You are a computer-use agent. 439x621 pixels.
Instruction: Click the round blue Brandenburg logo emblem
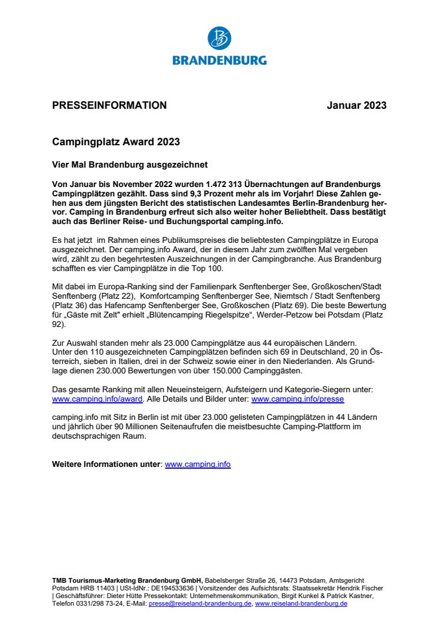(219, 38)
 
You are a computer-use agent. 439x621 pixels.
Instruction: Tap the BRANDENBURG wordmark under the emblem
(219, 60)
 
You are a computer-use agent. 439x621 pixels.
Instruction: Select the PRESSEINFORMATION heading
(109, 106)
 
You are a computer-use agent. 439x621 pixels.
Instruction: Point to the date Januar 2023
(357, 106)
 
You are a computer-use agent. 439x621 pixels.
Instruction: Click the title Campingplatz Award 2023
(116, 142)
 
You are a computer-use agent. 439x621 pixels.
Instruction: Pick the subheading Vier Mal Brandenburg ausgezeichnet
(130, 165)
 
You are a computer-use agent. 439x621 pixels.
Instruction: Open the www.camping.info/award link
(97, 399)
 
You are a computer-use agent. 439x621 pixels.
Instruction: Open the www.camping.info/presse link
(297, 399)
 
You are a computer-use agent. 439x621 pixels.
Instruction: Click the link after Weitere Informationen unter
(198, 465)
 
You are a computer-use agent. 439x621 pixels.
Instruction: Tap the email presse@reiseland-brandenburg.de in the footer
(200, 603)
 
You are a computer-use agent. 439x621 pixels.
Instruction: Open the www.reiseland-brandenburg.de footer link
(301, 603)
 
